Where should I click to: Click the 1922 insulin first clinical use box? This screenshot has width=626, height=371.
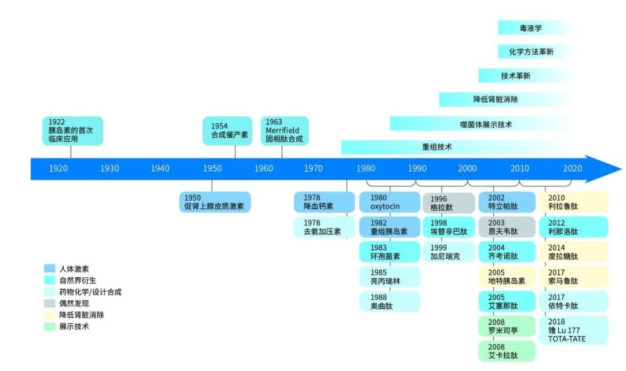pyautogui.click(x=71, y=131)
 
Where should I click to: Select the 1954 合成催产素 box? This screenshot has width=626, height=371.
pyautogui.click(x=227, y=131)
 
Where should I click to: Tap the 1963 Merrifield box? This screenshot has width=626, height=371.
pyautogui.click(x=285, y=131)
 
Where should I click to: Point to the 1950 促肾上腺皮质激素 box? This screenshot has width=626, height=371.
pyautogui.click(x=214, y=202)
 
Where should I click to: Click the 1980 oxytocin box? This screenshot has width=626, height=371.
pyautogui.click(x=389, y=202)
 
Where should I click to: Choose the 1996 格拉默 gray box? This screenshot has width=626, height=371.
pyautogui.click(x=448, y=202)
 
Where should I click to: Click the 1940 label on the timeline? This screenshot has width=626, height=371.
pyautogui.click(x=160, y=168)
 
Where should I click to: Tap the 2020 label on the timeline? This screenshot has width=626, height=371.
pyautogui.click(x=572, y=168)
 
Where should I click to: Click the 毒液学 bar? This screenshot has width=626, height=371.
pyautogui.click(x=530, y=28)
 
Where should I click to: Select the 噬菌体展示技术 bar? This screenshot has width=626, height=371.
pyautogui.click(x=486, y=124)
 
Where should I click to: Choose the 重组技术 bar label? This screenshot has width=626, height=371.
pyautogui.click(x=437, y=147)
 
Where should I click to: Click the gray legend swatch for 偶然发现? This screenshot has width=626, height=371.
pyautogui.click(x=50, y=303)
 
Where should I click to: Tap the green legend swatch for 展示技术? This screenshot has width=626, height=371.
pyautogui.click(x=50, y=326)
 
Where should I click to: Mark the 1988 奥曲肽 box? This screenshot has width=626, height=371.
pyautogui.click(x=389, y=302)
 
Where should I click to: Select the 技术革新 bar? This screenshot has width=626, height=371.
pyautogui.click(x=515, y=76)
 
